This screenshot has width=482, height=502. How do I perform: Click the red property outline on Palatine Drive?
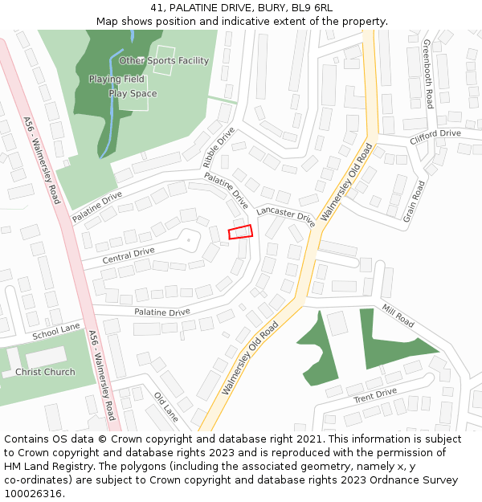click(x=240, y=231)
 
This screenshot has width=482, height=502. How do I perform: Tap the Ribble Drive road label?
click(x=219, y=146)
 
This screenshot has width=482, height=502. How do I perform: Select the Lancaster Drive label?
click(x=286, y=214)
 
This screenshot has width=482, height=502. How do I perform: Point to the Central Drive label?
click(x=128, y=256)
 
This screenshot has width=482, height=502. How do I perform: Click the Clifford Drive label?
click(x=435, y=137)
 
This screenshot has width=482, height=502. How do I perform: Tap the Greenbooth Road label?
click(x=427, y=74)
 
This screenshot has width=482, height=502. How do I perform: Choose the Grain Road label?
click(x=415, y=201)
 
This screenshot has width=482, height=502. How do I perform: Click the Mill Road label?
click(x=398, y=316)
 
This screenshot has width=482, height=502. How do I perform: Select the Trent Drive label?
click(x=375, y=395)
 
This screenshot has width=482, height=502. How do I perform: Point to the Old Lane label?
click(x=166, y=407)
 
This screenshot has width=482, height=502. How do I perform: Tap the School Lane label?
click(x=56, y=331)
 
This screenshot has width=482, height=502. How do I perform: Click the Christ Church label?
click(x=45, y=372)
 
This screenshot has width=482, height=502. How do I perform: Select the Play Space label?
click(x=133, y=94)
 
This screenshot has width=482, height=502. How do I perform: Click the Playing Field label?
click(x=116, y=80)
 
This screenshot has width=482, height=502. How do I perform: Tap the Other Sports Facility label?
click(x=164, y=60)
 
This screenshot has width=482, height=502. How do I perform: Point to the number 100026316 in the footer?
click(x=32, y=493)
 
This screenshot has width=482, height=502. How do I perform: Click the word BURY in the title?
click(x=268, y=8)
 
